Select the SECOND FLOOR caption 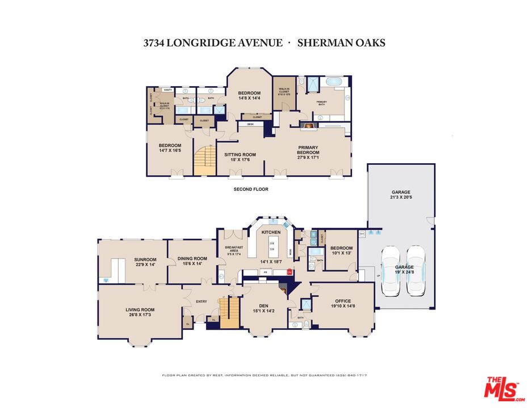click(x=251, y=189)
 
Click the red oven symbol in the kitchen click(x=289, y=271)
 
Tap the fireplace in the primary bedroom click(x=309, y=126)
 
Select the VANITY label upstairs click(x=168, y=90)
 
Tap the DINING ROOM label click(x=192, y=258)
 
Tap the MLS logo click(x=502, y=388)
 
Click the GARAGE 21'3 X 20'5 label click(x=401, y=195)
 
